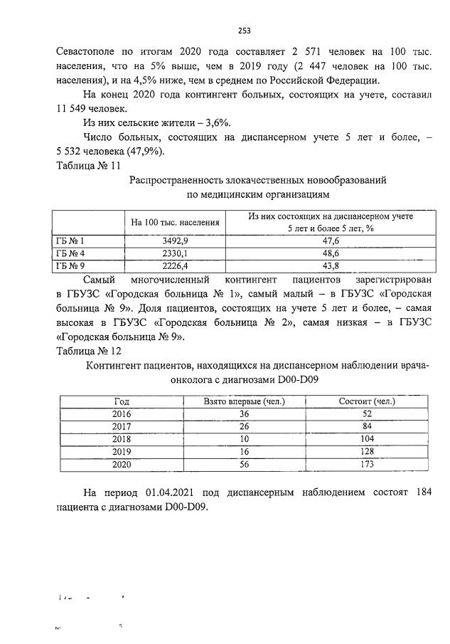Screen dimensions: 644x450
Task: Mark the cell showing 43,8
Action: pyautogui.click(x=331, y=266)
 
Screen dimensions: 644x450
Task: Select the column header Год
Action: pyautogui.click(x=122, y=401)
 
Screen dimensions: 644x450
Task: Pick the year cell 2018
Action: pyautogui.click(x=122, y=439)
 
